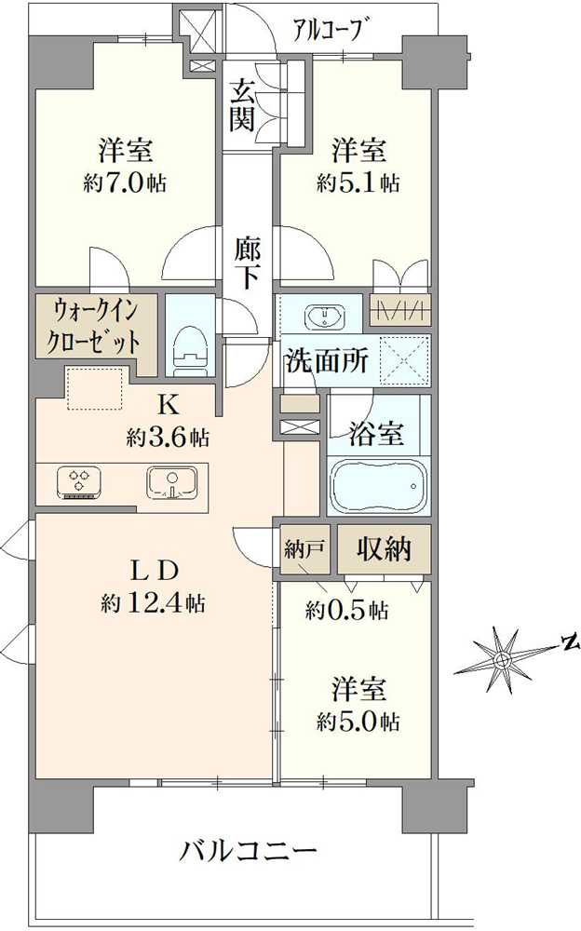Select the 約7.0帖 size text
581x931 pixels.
tap(125, 182)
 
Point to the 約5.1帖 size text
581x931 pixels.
tap(358, 182)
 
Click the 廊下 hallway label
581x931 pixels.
tap(247, 263)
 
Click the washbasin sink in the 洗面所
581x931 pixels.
tap(326, 317)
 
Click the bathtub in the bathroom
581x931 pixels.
tap(377, 485)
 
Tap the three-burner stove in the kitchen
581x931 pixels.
tap(77, 482)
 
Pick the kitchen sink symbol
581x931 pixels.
tap(170, 482)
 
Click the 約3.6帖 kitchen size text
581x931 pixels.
tap(168, 436)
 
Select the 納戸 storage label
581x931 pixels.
tap(304, 548)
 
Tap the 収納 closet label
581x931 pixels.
tap(385, 548)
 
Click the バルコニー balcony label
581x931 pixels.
tap(250, 851)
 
